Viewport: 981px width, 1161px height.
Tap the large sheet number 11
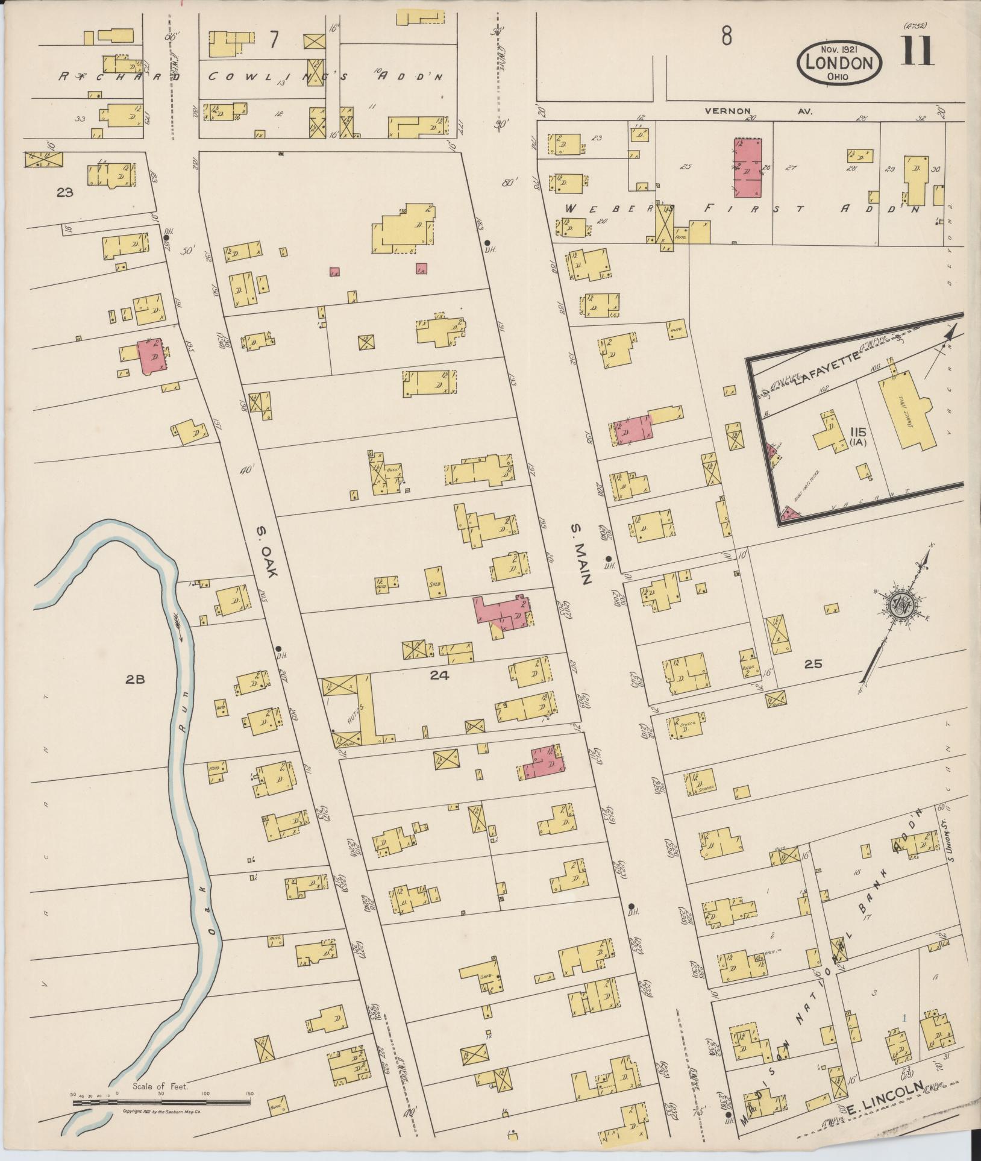(x=918, y=51)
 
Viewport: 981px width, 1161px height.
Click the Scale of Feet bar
(x=161, y=1102)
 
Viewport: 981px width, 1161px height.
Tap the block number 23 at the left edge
(x=64, y=193)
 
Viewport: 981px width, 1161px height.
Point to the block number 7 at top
(x=274, y=40)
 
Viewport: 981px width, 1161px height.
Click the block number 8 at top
(x=727, y=37)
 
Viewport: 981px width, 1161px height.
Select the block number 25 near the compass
(x=813, y=664)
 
